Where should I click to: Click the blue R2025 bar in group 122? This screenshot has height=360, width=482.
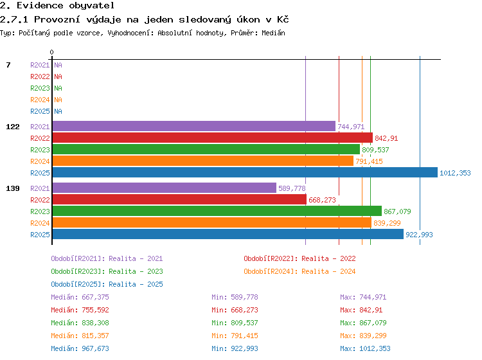click(x=245, y=172)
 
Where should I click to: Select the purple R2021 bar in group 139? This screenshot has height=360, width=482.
click(x=165, y=188)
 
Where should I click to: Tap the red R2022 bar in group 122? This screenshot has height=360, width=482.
click(x=213, y=138)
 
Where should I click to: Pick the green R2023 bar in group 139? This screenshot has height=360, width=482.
click(x=217, y=211)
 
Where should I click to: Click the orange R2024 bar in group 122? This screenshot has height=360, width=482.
click(x=203, y=161)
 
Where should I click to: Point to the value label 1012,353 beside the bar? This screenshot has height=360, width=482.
click(x=455, y=173)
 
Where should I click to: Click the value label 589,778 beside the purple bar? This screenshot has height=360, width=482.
click(x=292, y=188)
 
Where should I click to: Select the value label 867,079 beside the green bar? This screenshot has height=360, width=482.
click(x=397, y=212)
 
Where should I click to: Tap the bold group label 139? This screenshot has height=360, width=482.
click(x=13, y=188)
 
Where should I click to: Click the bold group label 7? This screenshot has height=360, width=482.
click(x=8, y=65)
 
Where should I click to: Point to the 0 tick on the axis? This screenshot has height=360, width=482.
click(x=51, y=52)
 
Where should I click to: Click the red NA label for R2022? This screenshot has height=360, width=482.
click(x=58, y=76)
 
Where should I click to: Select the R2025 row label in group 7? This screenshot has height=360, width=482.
click(x=40, y=111)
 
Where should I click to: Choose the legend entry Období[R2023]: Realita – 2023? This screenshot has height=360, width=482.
click(x=107, y=271)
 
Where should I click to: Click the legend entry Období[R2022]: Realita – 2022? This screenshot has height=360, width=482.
click(x=299, y=258)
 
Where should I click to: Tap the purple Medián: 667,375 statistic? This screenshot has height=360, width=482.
click(x=80, y=297)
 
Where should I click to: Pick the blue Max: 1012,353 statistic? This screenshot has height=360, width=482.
click(x=365, y=348)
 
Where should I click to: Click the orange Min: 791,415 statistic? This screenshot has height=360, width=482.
click(x=235, y=336)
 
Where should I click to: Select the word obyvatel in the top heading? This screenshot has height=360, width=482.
click(x=92, y=6)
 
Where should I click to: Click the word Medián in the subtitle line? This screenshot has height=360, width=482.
click(x=273, y=33)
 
